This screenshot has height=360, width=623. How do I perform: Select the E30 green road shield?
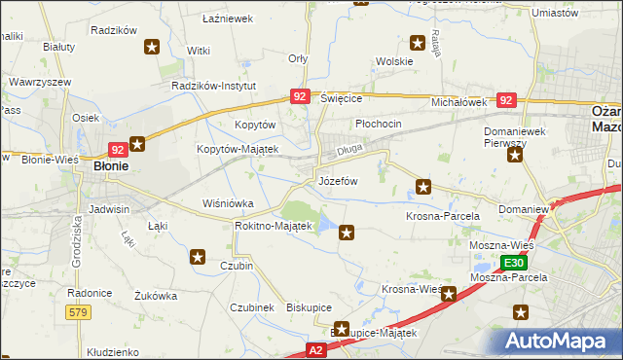[515, 263]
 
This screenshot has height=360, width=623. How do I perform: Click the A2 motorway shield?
[316, 348]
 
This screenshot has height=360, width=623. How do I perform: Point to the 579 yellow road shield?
[80, 311]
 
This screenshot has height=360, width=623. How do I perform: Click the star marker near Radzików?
[153, 46]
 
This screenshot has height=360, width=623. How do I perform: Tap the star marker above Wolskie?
[418, 42]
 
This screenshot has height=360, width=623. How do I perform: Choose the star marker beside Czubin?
[198, 257]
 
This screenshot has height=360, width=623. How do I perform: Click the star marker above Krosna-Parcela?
[423, 186]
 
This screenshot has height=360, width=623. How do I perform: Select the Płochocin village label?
[379, 125]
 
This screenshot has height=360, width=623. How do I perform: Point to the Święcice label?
[341, 99]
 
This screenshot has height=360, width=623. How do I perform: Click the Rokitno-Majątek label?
[273, 226]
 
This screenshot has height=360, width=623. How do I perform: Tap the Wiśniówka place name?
[227, 203]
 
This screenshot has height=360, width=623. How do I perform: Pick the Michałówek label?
[458, 101]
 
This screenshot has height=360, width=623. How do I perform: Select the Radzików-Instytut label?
[213, 86]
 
